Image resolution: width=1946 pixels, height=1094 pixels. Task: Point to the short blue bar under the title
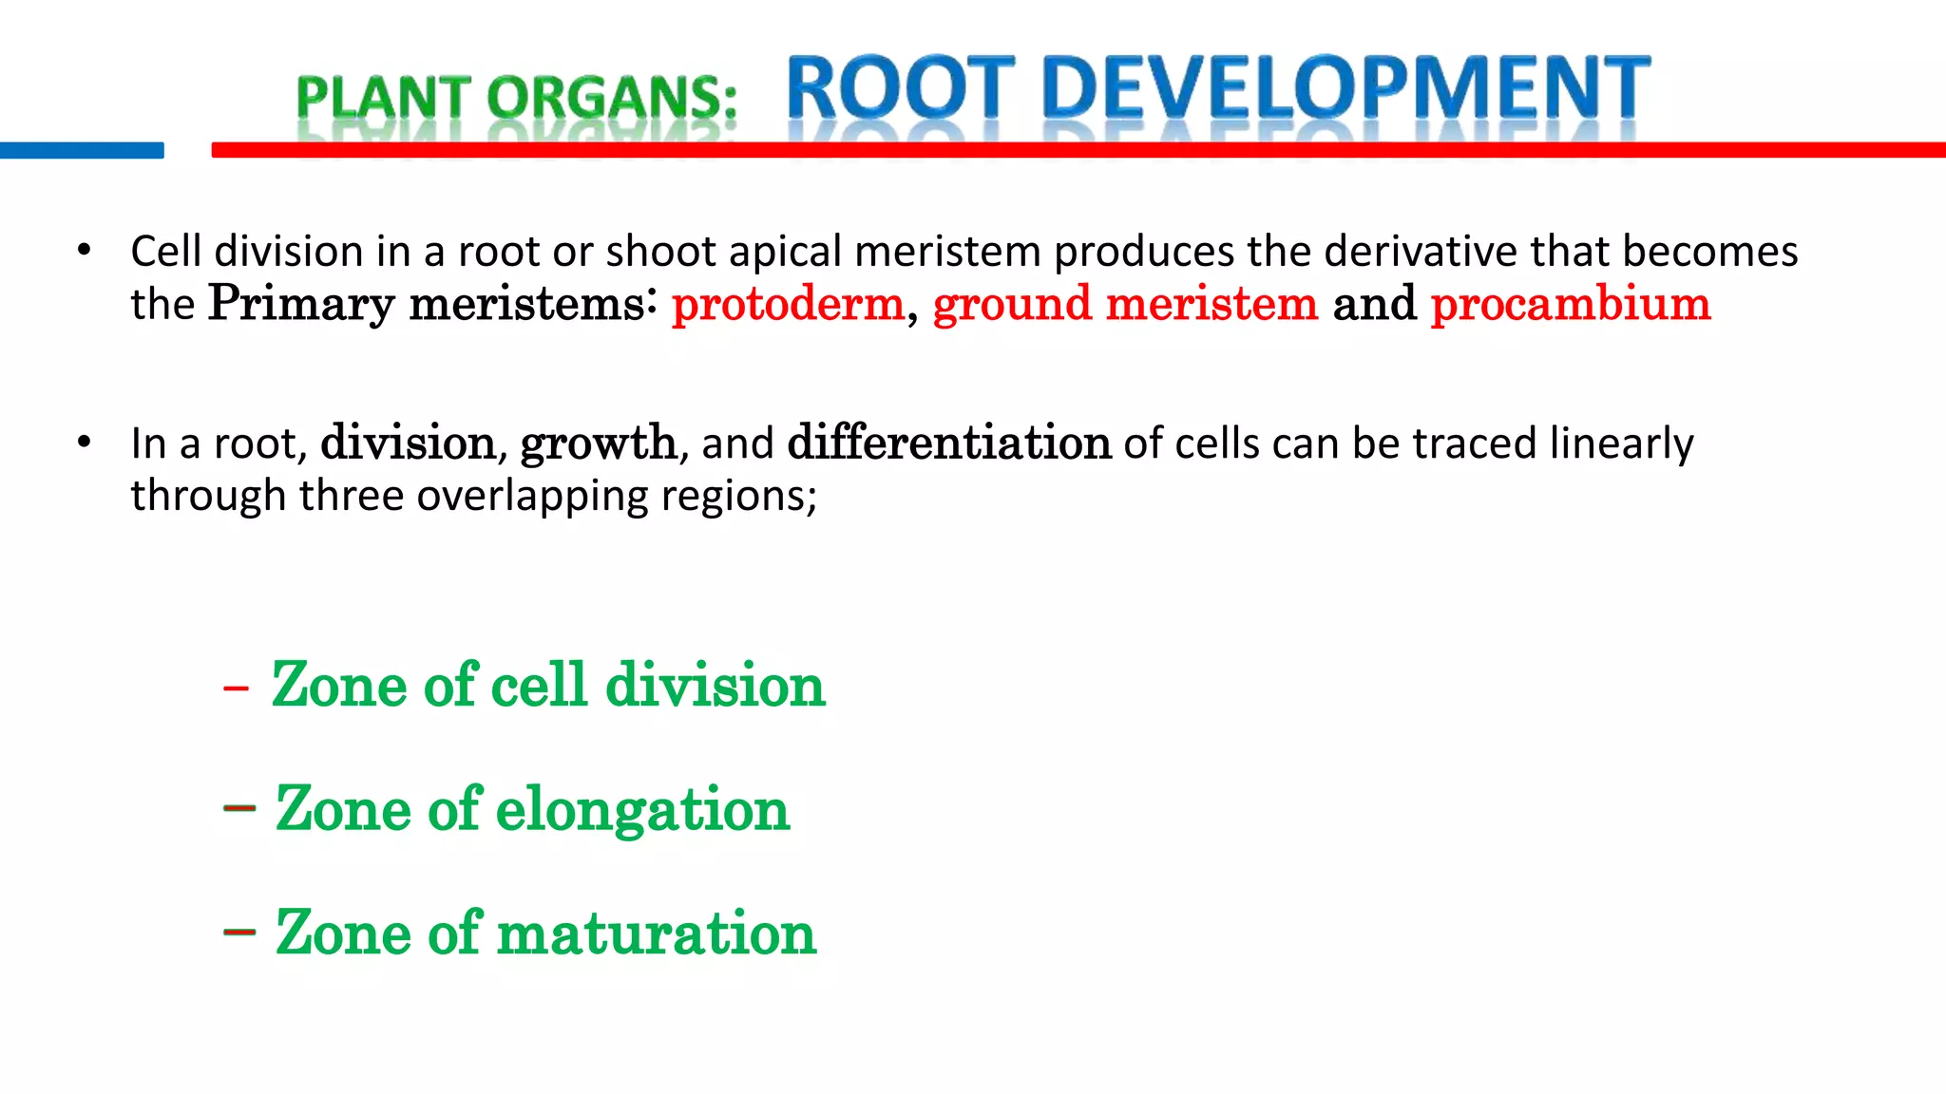(x=82, y=150)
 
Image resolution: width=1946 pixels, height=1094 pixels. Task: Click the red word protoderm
(x=788, y=304)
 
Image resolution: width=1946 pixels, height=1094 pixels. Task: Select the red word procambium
(x=1571, y=304)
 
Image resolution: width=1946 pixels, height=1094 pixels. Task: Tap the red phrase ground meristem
(x=1125, y=304)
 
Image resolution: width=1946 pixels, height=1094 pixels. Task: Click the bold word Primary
(x=300, y=304)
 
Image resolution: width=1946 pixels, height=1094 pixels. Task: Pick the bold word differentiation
(x=948, y=443)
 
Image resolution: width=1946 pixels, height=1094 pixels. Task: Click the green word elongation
(x=642, y=810)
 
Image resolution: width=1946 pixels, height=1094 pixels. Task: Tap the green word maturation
(x=656, y=933)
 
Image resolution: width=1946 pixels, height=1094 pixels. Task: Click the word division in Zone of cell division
(x=715, y=685)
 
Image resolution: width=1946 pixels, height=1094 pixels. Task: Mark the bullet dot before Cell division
(x=85, y=251)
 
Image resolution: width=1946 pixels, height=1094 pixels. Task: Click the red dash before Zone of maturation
(x=239, y=932)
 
